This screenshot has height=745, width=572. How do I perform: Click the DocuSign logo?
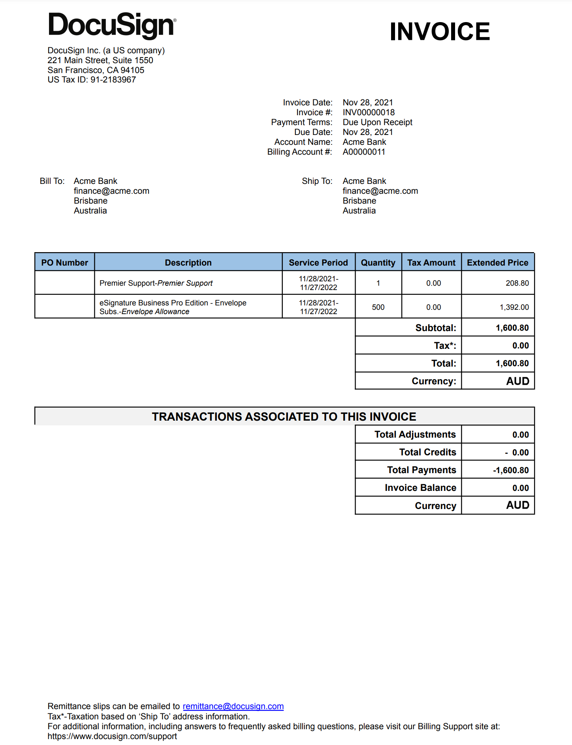112,25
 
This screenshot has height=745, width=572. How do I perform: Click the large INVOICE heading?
439,32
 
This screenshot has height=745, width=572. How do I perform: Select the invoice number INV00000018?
368,112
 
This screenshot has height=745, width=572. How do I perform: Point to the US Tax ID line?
92,80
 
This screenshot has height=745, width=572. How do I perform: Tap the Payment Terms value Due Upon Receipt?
377,122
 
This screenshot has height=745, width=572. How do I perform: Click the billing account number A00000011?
363,152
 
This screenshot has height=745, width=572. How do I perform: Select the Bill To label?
52,181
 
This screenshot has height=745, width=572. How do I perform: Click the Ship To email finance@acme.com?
380,191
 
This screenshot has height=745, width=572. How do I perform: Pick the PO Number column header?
65,263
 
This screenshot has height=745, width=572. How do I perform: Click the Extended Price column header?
497,263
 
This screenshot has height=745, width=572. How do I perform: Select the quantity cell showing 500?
378,307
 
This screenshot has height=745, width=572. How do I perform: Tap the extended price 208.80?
517,283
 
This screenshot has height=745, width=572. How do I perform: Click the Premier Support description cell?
156,283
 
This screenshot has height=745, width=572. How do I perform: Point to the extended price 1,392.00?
514,307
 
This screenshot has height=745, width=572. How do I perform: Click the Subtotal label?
435,328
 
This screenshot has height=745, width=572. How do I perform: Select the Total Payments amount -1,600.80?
510,470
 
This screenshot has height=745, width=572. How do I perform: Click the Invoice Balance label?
420,488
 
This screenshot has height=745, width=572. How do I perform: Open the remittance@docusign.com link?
233,706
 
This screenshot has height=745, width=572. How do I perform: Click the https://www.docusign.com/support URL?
112,736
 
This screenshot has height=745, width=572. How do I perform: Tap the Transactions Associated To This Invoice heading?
284,417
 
